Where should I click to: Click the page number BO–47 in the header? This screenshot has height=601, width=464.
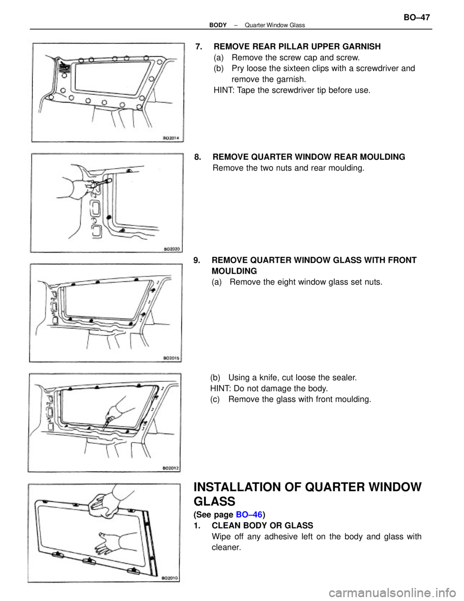click(416, 18)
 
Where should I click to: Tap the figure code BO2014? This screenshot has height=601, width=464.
click(169, 138)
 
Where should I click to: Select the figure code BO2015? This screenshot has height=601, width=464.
click(170, 358)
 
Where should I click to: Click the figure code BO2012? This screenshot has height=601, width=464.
click(170, 468)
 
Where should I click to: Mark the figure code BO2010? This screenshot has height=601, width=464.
click(169, 578)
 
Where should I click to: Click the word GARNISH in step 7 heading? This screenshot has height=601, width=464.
click(358, 46)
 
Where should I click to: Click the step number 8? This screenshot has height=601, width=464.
click(198, 157)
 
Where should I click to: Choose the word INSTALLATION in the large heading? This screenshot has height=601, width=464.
click(246, 487)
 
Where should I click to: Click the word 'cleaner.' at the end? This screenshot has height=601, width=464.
click(226, 547)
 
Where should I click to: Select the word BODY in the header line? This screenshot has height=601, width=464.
click(218, 25)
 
